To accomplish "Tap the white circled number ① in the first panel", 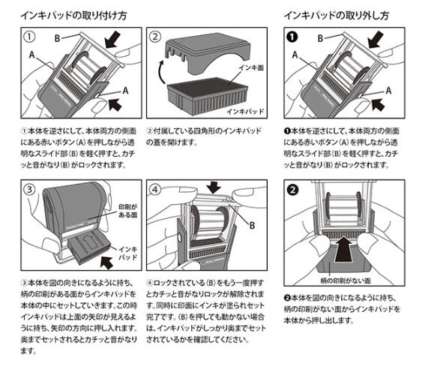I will pyautogui.click(x=28, y=37).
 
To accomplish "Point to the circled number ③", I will pyautogui.click(x=28, y=188).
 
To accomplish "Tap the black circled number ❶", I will pyautogui.click(x=293, y=37).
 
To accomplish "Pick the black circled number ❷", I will pyautogui.click(x=293, y=188).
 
